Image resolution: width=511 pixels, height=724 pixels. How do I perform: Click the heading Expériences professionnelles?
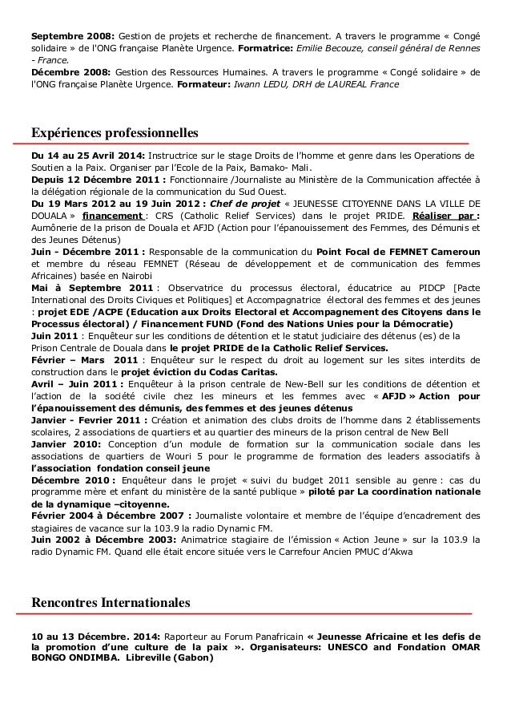pyautogui.click(x=114, y=131)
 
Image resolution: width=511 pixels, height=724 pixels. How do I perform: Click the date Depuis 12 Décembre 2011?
pyautogui.click(x=91, y=181)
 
